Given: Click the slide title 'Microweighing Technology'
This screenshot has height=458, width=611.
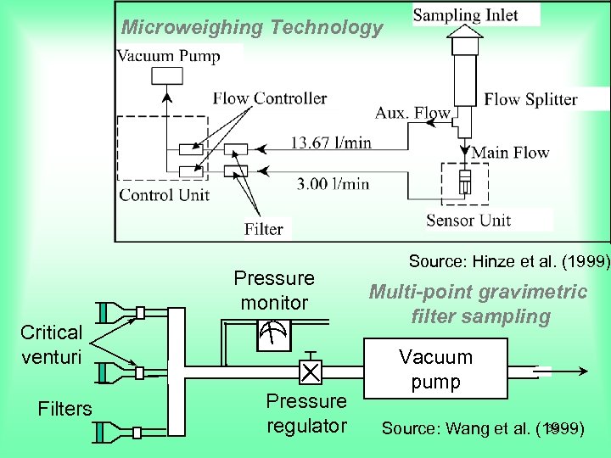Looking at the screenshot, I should click(252, 28).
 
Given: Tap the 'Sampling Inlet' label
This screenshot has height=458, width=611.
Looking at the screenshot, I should click(465, 15).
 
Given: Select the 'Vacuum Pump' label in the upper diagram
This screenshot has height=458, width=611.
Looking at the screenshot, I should click(168, 57).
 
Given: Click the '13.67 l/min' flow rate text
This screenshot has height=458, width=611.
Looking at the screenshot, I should click(331, 142).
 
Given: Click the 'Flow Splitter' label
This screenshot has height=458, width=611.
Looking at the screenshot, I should click(530, 99).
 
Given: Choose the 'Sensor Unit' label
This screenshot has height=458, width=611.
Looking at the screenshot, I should click(468, 221).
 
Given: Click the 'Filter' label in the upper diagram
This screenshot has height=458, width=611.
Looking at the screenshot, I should click(263, 228).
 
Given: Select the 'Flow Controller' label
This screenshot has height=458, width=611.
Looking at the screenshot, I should click(269, 98).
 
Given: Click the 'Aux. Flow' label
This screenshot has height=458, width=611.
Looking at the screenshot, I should click(412, 113).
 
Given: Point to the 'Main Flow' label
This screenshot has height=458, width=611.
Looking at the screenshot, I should click(510, 153).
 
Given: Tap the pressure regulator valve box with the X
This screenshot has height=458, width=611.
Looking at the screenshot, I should click(311, 371).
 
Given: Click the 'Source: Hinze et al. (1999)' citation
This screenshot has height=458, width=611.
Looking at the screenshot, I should click(509, 261).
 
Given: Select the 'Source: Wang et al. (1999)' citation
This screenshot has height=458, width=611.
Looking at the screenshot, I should click(482, 428).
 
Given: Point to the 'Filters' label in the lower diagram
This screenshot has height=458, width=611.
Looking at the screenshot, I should click(64, 409).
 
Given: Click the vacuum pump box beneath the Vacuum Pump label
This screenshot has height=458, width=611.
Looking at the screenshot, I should click(166, 75).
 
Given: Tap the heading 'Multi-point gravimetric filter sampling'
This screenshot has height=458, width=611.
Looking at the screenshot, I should click(478, 304).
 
